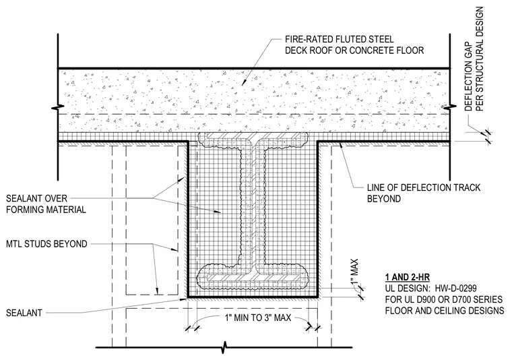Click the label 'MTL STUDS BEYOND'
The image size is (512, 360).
(46, 244)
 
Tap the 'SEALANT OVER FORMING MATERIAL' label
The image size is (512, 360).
(46, 204)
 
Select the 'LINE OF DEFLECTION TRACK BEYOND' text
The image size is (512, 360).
(424, 193)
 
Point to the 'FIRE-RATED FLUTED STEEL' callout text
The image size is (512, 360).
(340, 40)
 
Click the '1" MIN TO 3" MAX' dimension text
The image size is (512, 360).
(258, 318)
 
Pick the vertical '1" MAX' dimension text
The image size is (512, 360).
(354, 271)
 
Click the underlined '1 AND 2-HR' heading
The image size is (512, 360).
(407, 278)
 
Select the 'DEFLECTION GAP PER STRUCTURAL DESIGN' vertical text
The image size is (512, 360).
(474, 59)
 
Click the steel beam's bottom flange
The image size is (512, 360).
(254, 277)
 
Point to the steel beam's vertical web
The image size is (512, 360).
(254, 206)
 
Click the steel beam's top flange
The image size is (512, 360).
(254, 135)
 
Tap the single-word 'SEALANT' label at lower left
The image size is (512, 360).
(24, 313)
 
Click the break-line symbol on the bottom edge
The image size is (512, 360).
(224, 347)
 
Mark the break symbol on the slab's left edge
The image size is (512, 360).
(58, 107)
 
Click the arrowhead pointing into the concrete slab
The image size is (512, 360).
(243, 84)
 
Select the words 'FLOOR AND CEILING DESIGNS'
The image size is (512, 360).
(445, 310)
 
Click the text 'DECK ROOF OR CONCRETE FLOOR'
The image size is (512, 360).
(354, 51)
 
